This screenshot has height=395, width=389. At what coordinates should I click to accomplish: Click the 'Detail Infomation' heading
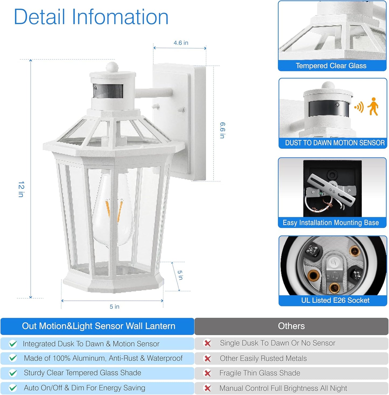click(x=91, y=17)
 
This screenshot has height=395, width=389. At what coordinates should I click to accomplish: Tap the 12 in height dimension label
click(x=21, y=189)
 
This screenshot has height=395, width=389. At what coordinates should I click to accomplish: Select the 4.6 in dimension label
click(x=181, y=43)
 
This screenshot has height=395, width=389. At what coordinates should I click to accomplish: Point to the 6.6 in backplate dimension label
click(x=222, y=130)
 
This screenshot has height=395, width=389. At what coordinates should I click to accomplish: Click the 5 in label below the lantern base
click(x=114, y=306)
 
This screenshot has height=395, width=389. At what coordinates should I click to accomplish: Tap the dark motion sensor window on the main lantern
click(x=108, y=91)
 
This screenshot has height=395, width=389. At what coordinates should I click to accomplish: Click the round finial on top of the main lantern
click(x=112, y=66)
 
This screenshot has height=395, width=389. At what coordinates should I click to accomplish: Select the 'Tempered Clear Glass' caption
click(x=331, y=66)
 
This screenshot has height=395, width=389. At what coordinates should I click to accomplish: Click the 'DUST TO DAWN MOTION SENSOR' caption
click(x=335, y=143)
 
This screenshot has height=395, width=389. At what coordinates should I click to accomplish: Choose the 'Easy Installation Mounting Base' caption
click(x=331, y=223)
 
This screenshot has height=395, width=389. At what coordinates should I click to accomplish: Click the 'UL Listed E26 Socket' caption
click(x=335, y=300)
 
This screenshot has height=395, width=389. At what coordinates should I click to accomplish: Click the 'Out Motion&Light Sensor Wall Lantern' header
click(x=98, y=326)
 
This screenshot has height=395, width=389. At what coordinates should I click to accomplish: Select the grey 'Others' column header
click(x=291, y=326)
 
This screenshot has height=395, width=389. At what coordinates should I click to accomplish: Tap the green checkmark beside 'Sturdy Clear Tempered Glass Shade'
click(x=13, y=373)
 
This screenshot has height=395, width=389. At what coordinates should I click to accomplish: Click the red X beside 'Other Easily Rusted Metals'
click(x=208, y=359)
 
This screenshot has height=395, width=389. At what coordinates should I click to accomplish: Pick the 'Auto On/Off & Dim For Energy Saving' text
click(x=85, y=388)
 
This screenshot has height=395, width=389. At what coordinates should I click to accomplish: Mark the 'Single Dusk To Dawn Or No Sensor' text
click(x=277, y=343)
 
